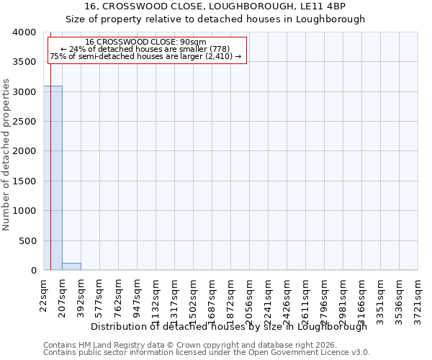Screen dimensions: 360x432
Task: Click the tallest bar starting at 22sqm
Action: (53, 178)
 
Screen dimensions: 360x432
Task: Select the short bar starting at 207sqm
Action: (71, 266)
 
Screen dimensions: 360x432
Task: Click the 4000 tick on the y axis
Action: (24, 32)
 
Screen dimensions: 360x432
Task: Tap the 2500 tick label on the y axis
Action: (24, 122)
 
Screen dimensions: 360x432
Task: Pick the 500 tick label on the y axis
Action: (27, 240)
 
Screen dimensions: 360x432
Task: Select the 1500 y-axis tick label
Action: (24, 181)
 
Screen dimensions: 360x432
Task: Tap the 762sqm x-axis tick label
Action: (118, 295)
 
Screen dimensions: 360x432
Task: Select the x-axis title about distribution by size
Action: (230, 326)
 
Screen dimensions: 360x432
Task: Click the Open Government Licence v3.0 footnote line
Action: (207, 353)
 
